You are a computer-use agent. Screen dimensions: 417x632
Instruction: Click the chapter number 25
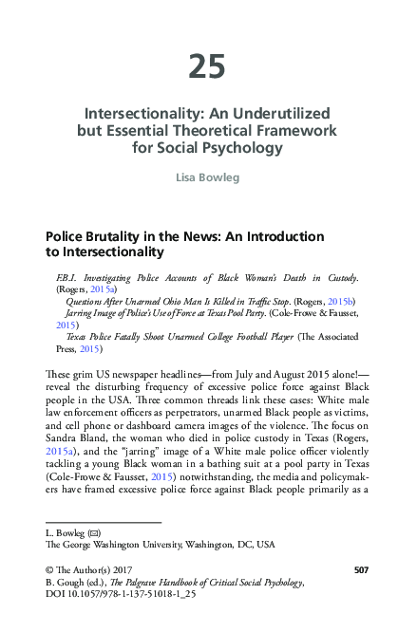coord(207,66)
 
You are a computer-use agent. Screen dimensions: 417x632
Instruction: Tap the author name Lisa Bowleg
coord(208,177)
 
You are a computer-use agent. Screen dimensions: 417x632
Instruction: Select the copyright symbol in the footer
coord(50,569)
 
